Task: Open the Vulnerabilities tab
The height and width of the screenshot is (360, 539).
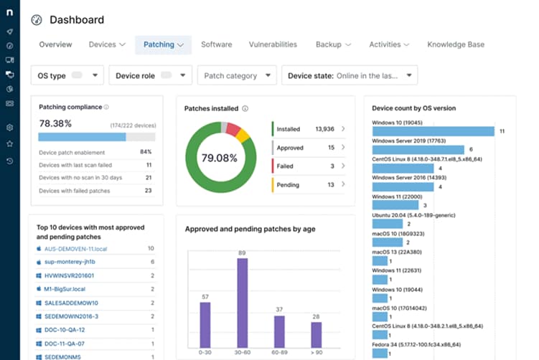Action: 273,44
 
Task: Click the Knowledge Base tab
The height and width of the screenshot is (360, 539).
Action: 455,44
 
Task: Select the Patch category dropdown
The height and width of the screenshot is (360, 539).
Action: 238,75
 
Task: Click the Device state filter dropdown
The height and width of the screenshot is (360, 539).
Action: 350,75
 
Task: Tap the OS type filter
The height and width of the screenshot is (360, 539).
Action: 67,75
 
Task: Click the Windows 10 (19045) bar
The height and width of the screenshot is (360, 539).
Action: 433,131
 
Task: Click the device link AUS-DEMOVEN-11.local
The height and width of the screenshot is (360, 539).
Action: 75,248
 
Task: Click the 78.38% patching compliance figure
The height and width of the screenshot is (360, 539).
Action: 55,123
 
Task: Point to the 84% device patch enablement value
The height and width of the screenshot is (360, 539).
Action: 146,152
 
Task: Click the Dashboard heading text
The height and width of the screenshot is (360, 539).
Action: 76,20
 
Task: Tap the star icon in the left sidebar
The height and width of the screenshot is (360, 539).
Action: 9,144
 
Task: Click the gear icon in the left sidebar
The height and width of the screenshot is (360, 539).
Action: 9,128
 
